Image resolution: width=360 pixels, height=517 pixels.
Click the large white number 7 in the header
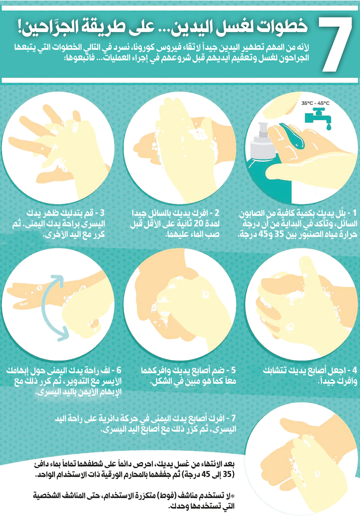tap(335, 44)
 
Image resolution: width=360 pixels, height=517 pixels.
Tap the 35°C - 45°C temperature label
tap(315, 103)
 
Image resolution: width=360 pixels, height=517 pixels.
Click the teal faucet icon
tap(318, 117)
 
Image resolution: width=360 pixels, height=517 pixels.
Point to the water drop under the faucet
tap(329, 127)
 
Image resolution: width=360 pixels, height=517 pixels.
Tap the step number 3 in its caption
tap(102, 213)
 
